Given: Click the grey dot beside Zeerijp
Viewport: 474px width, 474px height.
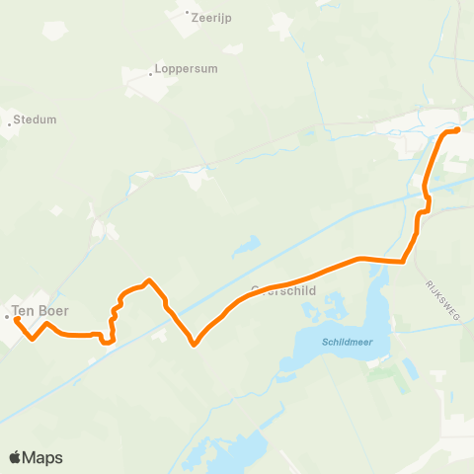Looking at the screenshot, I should pyautogui.click(x=188, y=13).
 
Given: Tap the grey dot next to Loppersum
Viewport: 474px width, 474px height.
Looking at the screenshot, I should pyautogui.click(x=151, y=71).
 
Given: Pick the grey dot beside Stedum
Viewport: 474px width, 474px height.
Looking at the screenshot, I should pyautogui.click(x=10, y=121).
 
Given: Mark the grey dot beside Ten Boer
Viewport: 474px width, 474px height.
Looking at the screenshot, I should pyautogui.click(x=7, y=317).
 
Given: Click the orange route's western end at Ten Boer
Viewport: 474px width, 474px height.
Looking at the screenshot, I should pyautogui.click(x=17, y=319).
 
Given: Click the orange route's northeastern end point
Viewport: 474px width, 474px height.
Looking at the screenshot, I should pyautogui.click(x=458, y=129).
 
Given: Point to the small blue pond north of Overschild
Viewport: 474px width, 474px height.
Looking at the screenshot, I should pyautogui.click(x=245, y=244).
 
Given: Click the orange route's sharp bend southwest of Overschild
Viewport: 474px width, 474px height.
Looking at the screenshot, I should pyautogui.click(x=195, y=344).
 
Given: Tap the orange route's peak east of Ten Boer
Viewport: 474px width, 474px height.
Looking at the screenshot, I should pyautogui.click(x=148, y=280).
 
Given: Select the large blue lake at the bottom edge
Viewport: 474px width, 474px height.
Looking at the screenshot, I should pyautogui.click(x=232, y=449).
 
